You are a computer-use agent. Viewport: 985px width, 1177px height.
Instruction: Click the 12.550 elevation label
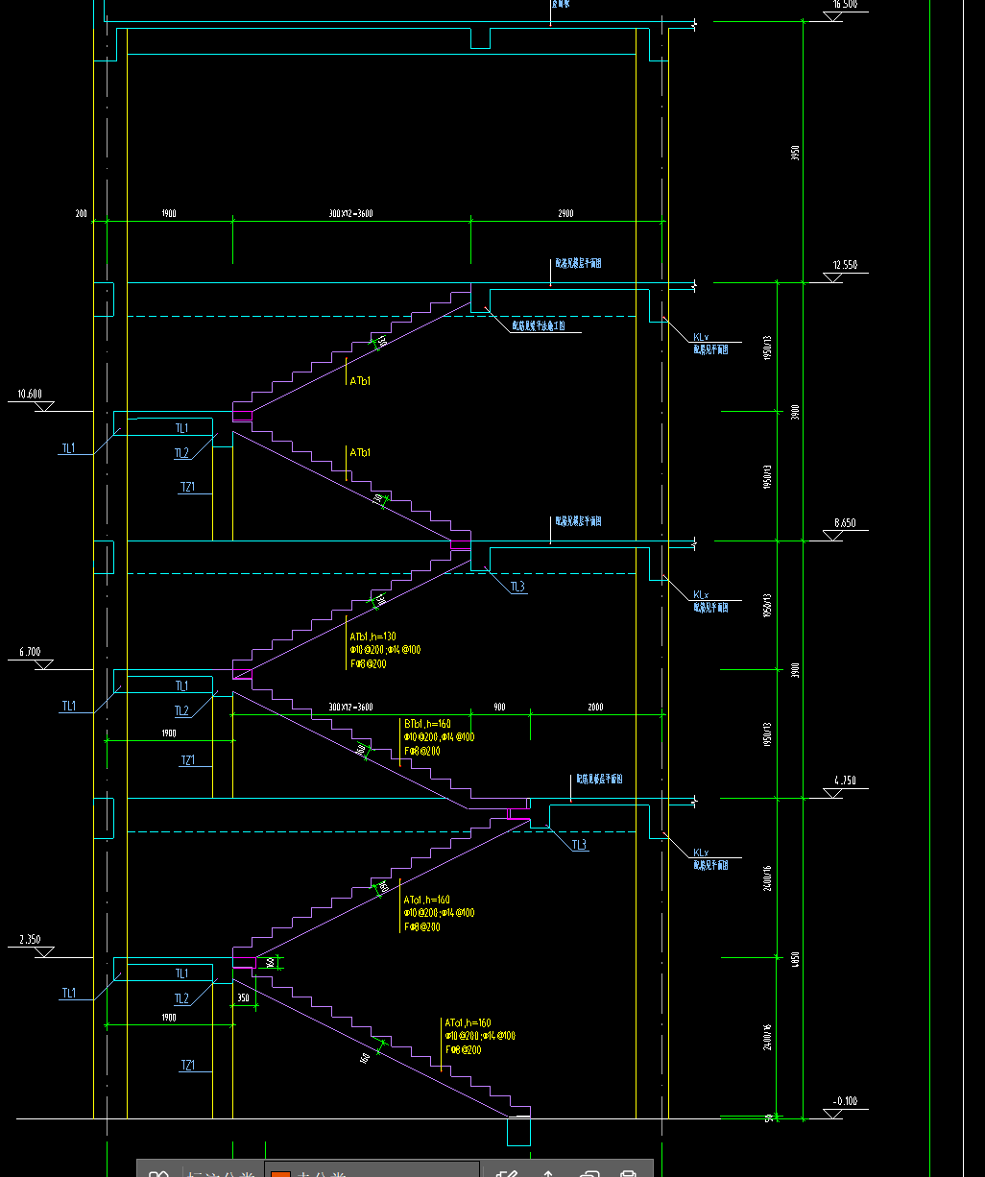pyautogui.click(x=845, y=265)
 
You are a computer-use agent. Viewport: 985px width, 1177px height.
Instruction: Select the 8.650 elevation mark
pyautogui.click(x=845, y=523)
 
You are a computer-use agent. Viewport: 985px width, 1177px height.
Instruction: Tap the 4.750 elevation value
pyautogui.click(x=845, y=781)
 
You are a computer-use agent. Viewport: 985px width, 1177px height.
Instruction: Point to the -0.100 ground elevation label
pyautogui.click(x=846, y=1101)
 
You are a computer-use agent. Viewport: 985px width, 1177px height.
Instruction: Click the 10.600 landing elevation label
pyautogui.click(x=30, y=394)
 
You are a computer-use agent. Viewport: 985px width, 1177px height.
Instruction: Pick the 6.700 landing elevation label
pyautogui.click(x=30, y=652)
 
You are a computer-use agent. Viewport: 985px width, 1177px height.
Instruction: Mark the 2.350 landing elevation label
pyautogui.click(x=30, y=940)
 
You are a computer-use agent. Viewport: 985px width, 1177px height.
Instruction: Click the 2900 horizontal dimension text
pyautogui.click(x=565, y=213)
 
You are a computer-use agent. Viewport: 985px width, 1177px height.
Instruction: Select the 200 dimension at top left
pyautogui.click(x=81, y=213)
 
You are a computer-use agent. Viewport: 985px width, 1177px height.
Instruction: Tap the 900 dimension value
pyautogui.click(x=499, y=707)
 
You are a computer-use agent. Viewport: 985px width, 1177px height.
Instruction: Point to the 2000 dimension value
pyautogui.click(x=596, y=707)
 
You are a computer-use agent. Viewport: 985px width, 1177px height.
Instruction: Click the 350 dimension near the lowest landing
pyautogui.click(x=243, y=998)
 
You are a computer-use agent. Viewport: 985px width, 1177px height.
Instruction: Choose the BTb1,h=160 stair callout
pyautogui.click(x=427, y=724)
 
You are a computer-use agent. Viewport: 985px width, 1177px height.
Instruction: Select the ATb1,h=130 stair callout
pyautogui.click(x=372, y=637)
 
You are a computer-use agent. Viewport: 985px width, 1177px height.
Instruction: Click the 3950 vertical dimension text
pyautogui.click(x=795, y=154)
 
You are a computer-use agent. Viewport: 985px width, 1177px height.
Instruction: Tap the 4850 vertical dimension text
pyautogui.click(x=795, y=958)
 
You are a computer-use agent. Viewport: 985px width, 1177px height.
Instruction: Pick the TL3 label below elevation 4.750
pyautogui.click(x=579, y=845)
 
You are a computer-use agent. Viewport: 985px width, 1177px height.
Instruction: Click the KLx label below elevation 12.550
pyautogui.click(x=701, y=337)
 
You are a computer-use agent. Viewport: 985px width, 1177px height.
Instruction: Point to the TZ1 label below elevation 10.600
pyautogui.click(x=188, y=487)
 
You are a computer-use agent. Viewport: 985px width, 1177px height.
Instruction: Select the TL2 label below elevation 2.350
pyautogui.click(x=181, y=998)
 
